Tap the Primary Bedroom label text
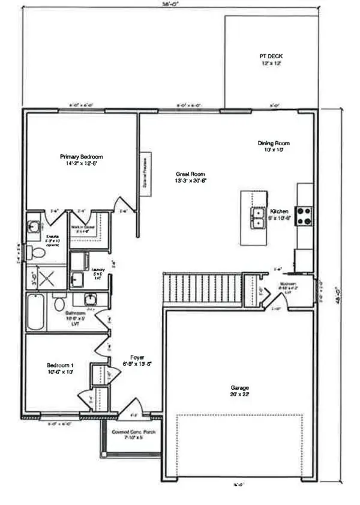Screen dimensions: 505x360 point(80,159)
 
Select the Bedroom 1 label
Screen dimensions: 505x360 point(60,369)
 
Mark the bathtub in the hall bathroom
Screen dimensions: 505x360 point(35,312)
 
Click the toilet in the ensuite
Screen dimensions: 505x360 point(37,253)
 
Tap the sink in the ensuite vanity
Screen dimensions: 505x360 point(34,227)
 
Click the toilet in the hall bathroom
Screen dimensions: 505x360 point(59,303)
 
